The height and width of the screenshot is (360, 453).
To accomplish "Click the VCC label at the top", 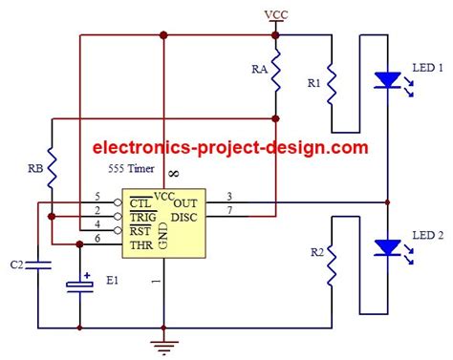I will (274, 14).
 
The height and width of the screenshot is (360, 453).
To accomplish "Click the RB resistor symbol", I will (53, 166).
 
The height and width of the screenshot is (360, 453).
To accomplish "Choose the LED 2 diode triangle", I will (385, 247).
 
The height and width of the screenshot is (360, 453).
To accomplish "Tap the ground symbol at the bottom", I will (164, 345).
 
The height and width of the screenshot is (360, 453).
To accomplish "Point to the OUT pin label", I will (186, 201).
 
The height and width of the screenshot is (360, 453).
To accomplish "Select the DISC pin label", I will (185, 216).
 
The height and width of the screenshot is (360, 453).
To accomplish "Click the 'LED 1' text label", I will (426, 69).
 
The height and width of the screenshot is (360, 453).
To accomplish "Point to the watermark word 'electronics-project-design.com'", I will (229, 148).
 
